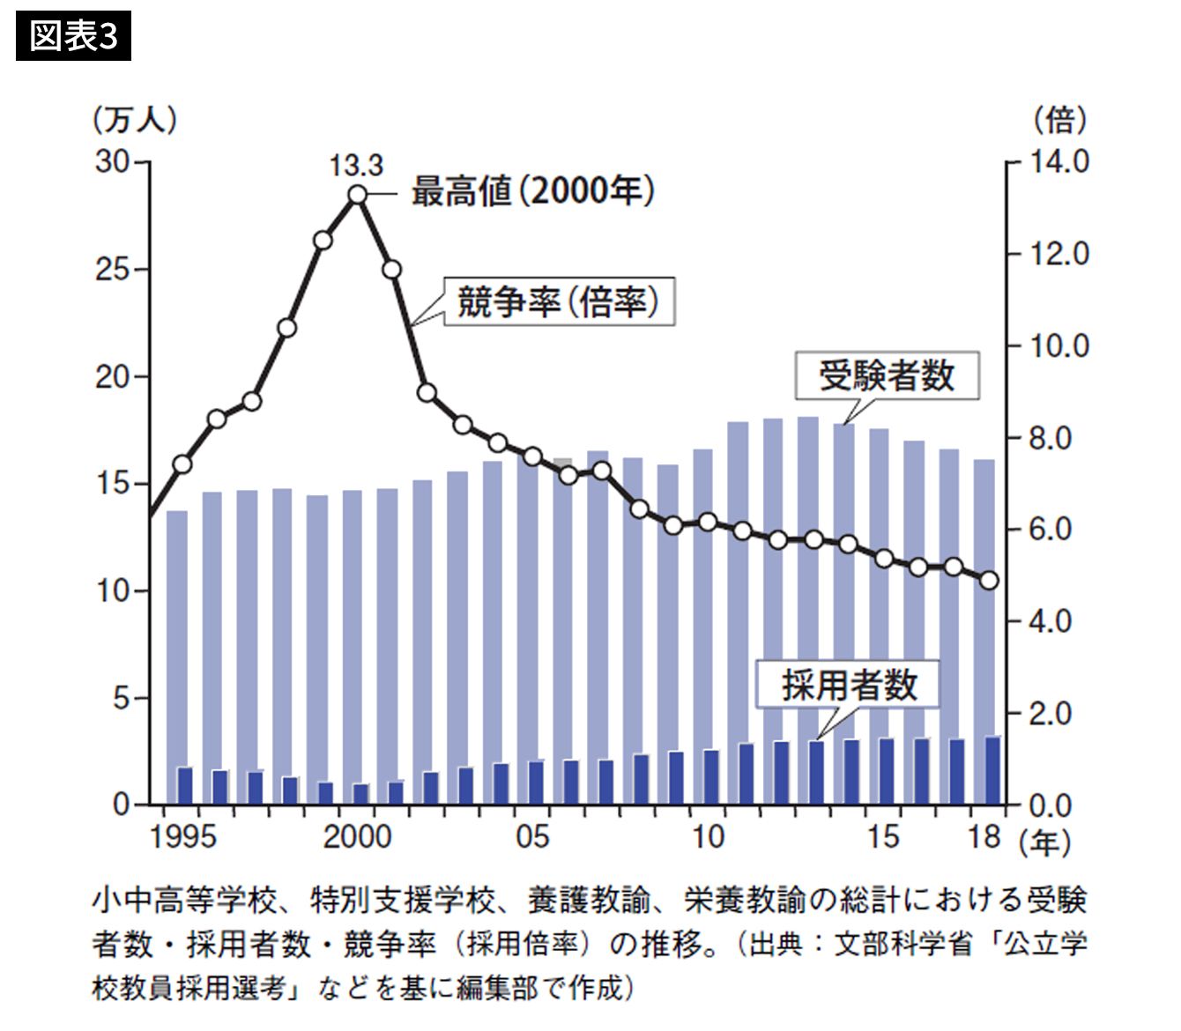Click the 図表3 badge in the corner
pos(73,36)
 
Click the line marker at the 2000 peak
pos(357,195)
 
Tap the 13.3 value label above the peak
pos(356,165)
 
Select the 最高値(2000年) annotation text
pos(532,190)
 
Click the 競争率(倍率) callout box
pos(558,302)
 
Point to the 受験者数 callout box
pos(887,376)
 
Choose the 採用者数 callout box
pos(849,685)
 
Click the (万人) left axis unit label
pos(134,120)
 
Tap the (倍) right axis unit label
pos(1059,119)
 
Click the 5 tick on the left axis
pos(121,698)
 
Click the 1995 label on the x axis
pos(183,835)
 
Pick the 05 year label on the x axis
pos(532,835)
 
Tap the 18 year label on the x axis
pos(984,835)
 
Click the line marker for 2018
pos(989,580)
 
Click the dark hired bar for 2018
pos(992,771)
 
